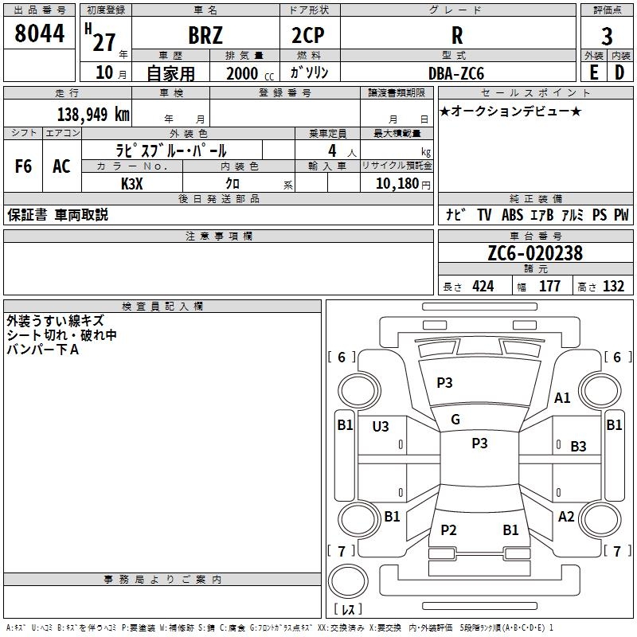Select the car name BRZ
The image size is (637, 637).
205,36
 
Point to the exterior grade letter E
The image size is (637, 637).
593,72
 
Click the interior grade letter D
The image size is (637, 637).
619,72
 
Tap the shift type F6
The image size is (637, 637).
24,166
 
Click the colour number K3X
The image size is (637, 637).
131,184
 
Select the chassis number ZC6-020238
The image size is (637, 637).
535,254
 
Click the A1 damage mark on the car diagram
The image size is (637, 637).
563,398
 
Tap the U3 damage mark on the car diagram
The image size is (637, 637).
381,427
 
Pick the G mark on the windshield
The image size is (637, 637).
455,420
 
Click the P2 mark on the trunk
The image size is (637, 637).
449,530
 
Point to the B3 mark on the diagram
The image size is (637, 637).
578,447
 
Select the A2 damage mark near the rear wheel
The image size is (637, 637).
566,517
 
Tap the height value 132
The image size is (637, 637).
613,287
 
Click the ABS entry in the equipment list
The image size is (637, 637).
512,215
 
